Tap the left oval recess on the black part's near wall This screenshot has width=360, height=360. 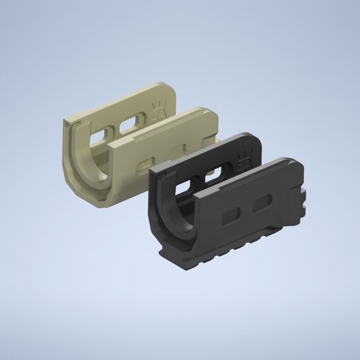pyautogui.click(x=231, y=218)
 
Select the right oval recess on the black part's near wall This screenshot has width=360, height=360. pyautogui.click(x=263, y=203)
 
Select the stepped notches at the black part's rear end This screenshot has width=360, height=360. pyautogui.click(x=306, y=195)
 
